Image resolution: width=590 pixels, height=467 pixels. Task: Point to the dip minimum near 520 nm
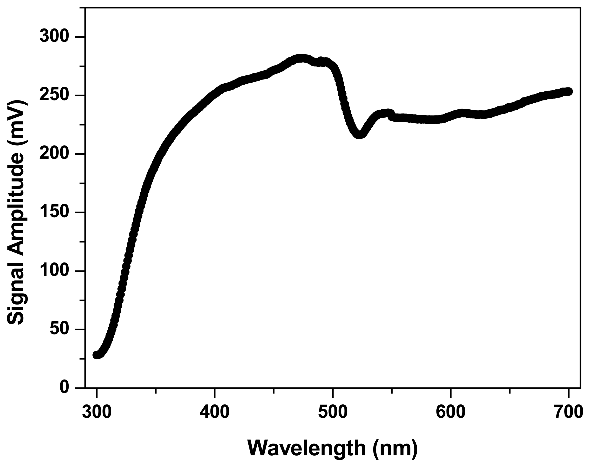click(x=359, y=135)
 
